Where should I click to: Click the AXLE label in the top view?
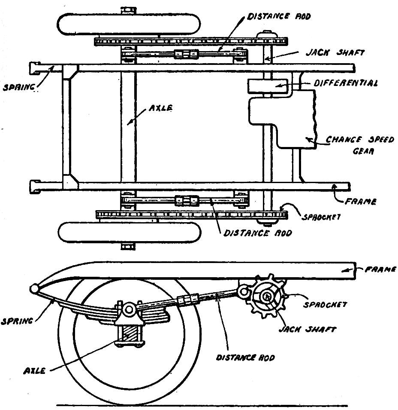click(x=160, y=109)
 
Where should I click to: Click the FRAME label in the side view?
click(x=380, y=269)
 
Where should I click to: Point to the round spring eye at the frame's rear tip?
click(x=35, y=288)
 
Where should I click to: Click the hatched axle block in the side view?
click(x=129, y=334)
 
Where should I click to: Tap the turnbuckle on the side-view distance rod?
click(x=187, y=300)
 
